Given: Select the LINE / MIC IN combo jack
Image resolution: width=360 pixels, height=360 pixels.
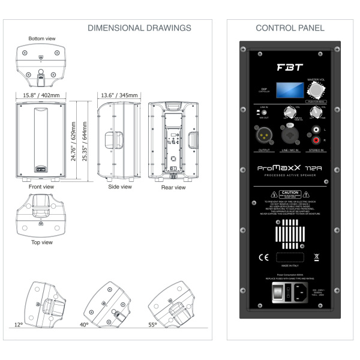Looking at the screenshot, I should [290, 133].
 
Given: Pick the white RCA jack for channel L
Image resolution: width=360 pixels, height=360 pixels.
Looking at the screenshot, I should [316, 128].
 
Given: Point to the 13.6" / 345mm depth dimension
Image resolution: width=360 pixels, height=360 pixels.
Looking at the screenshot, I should [119, 95].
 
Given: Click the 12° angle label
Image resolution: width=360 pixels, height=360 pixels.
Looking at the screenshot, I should [19, 325].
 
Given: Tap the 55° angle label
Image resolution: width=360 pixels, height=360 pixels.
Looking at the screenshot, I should [152, 325].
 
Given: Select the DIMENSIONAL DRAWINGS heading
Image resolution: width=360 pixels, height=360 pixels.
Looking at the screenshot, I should [139, 28].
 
